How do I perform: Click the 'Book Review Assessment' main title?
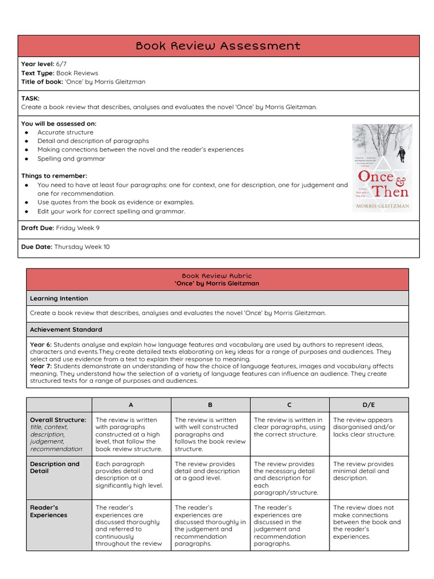[x=218, y=46]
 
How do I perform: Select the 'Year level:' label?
[x=37, y=64]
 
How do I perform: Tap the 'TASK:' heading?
[x=30, y=98]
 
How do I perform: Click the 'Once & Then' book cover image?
[x=382, y=168]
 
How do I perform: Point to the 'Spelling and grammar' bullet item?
[x=71, y=159]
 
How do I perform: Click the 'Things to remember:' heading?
[x=54, y=176]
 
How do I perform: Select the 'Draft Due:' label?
[x=37, y=228]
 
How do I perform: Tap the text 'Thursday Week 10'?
[x=82, y=247]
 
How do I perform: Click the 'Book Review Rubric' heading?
[x=217, y=276]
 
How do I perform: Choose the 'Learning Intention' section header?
[x=59, y=299]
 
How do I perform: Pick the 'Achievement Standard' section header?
[x=66, y=330]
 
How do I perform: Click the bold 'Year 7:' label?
[x=41, y=366]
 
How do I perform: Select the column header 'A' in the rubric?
[x=131, y=405]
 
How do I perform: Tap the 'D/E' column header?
[x=368, y=405]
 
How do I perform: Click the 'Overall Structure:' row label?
[x=58, y=420]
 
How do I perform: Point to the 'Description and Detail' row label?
[x=55, y=468]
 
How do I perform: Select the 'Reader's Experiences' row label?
[x=49, y=511]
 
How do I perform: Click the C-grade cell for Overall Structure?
[x=289, y=427]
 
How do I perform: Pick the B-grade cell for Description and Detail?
[x=210, y=471]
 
